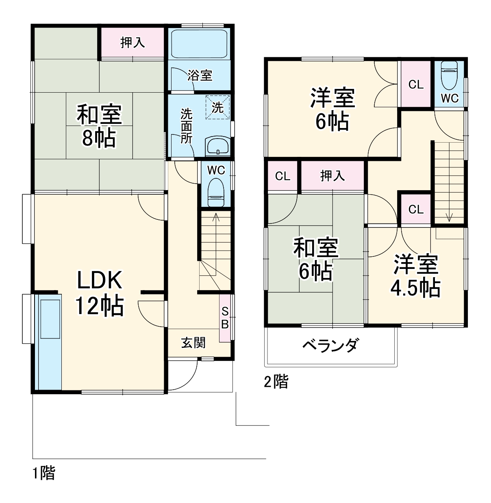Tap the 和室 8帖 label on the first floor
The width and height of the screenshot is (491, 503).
pos(99,126)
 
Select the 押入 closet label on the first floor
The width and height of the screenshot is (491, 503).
pos(133,43)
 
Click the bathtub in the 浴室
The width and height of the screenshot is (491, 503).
pos(199,44)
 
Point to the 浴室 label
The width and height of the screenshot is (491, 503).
pos(200,75)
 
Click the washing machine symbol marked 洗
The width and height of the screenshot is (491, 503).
pos(218,107)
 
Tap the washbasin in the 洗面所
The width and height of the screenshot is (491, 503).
pos(218,146)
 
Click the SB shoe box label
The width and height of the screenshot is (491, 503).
pos(225,318)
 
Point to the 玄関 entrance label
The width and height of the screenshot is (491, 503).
pos(193,343)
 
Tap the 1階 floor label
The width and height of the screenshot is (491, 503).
pos(44,473)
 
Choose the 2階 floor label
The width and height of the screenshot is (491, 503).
pos(276,382)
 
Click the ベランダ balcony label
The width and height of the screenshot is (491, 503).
pos(330,346)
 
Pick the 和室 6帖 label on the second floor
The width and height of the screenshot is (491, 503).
pos(316,260)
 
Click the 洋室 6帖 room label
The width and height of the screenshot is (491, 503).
pos(332,109)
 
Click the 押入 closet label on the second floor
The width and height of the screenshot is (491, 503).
pos(332,176)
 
